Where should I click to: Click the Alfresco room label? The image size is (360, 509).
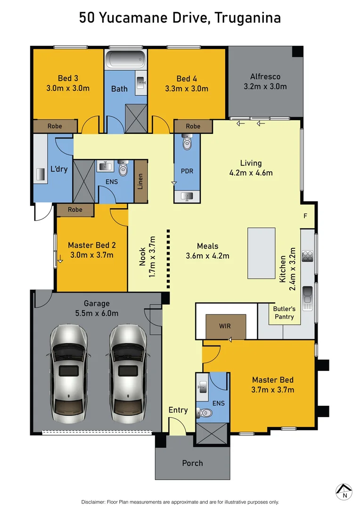(x=265, y=76)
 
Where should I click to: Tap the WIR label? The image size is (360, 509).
(x=225, y=326)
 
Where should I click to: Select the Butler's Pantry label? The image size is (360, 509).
(x=284, y=313)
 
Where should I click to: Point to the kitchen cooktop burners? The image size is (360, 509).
(x=308, y=256)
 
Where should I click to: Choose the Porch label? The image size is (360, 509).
(x=192, y=463)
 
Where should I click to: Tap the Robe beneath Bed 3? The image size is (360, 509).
(x=55, y=126)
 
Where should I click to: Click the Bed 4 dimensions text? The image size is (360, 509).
(x=186, y=88)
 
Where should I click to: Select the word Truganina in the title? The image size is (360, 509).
(x=248, y=18)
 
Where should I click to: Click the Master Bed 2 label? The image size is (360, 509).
(x=92, y=245)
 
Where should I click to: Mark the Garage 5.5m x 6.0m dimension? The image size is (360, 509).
(x=97, y=313)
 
